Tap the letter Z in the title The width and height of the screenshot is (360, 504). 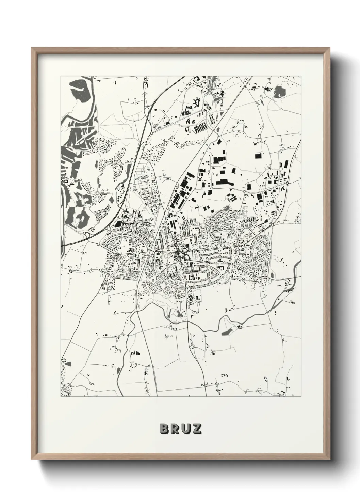[x=196, y=429]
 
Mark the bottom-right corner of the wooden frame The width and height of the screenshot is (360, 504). [x=329, y=457]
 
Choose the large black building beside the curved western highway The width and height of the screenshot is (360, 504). [x=119, y=224]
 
